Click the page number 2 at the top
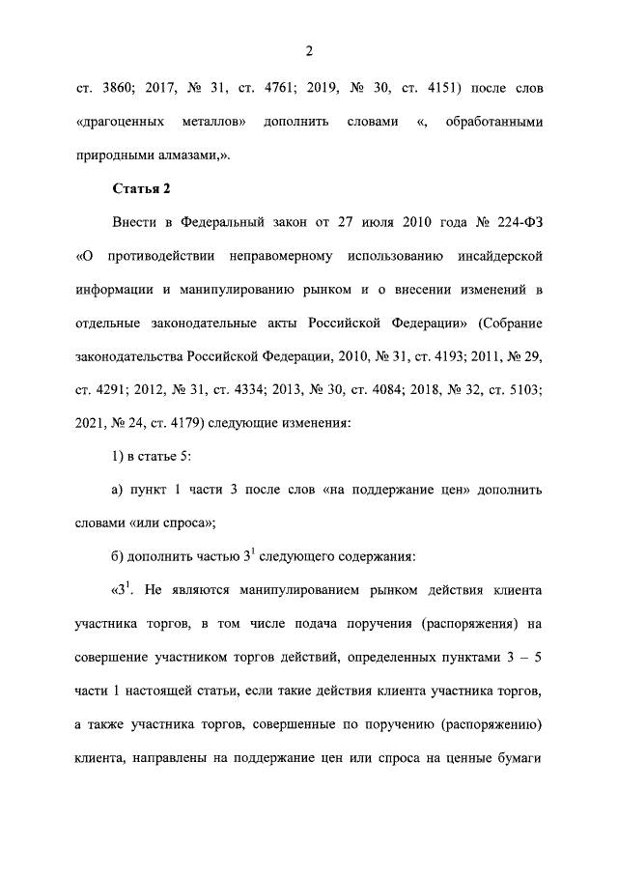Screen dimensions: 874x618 (309, 50)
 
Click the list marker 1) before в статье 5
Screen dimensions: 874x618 (118, 455)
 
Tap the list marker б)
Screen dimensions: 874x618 (118, 555)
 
